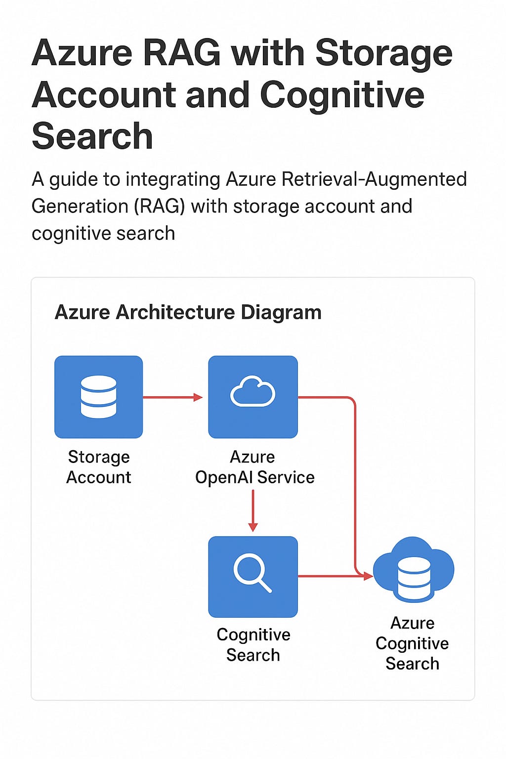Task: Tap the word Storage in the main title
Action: click(383, 53)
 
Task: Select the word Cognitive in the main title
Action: click(342, 95)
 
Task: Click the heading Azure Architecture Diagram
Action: click(188, 312)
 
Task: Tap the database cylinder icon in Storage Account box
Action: click(99, 397)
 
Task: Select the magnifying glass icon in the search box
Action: click(252, 573)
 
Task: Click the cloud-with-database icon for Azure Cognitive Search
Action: click(414, 570)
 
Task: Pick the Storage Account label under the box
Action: click(99, 467)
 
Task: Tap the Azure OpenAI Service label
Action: click(254, 467)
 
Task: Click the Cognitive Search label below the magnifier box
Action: click(253, 645)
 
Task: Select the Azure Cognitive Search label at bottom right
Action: click(412, 643)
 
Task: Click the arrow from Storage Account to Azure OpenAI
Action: click(172, 397)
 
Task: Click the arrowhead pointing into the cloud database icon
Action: click(367, 576)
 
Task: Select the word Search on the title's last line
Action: click(92, 136)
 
